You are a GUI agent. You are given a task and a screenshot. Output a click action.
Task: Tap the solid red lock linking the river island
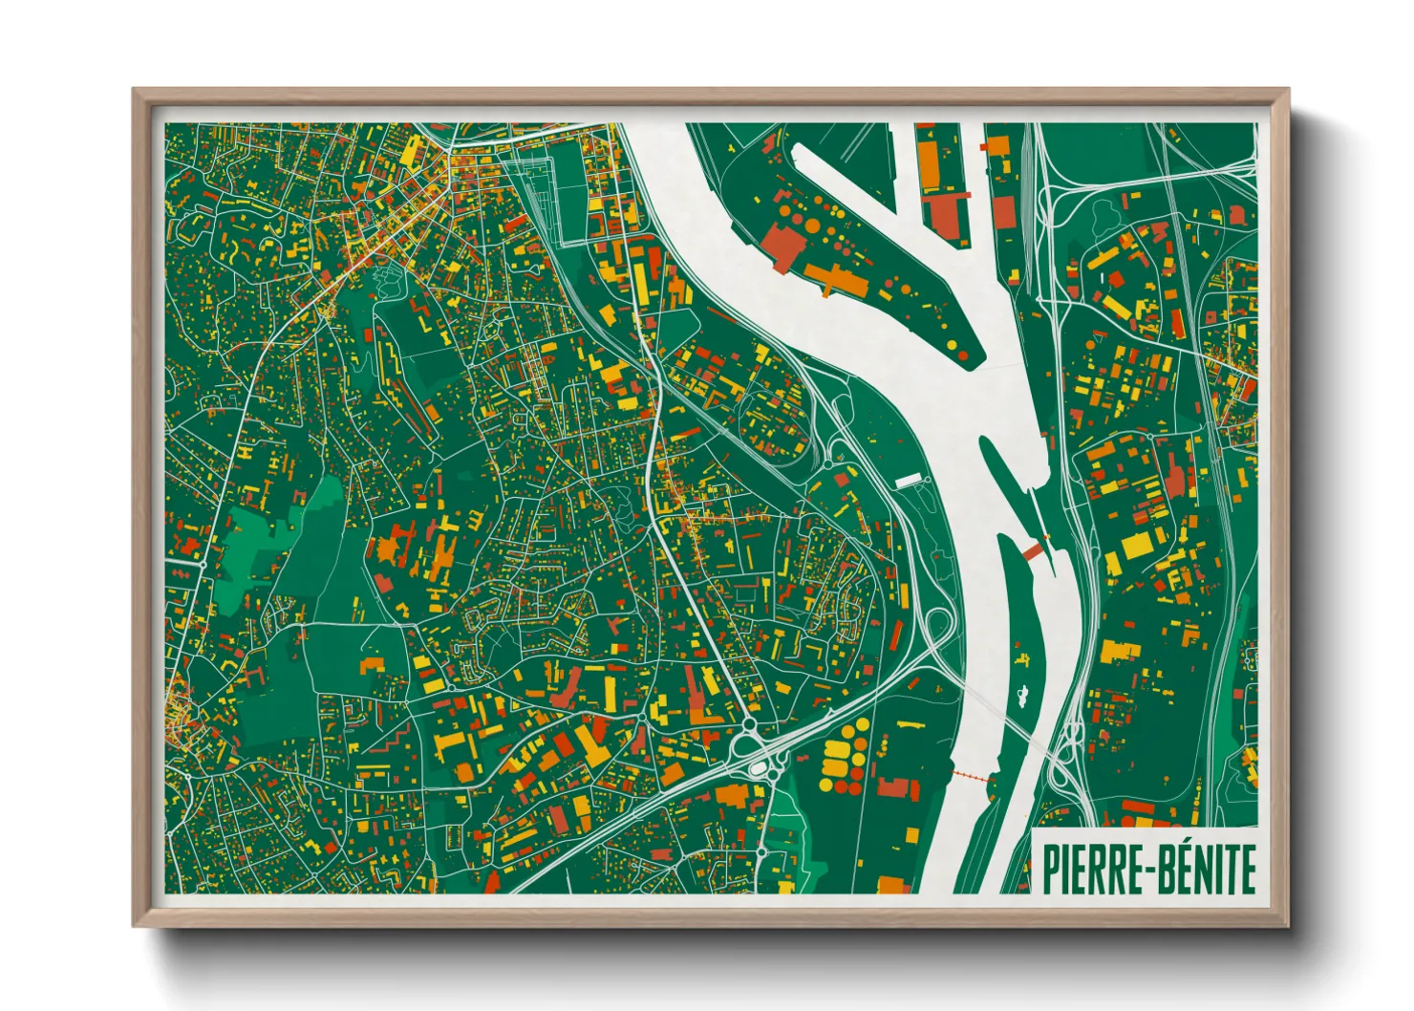tap(1032, 550)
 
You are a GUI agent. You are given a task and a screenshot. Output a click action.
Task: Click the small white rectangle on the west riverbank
tap(908, 481)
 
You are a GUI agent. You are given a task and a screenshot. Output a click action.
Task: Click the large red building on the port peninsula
tap(785, 246)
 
